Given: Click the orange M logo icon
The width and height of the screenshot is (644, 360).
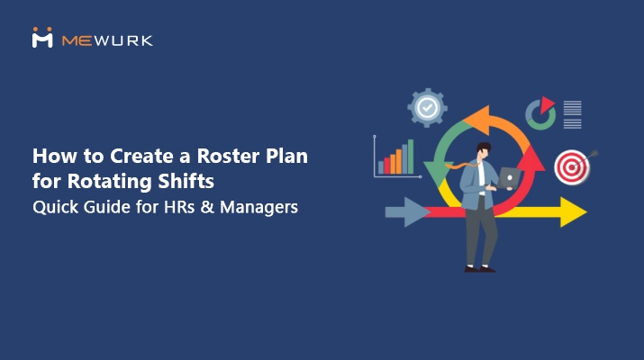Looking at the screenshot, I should pyautogui.click(x=42, y=38).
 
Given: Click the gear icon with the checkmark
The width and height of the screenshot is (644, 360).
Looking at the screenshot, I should pyautogui.click(x=427, y=107).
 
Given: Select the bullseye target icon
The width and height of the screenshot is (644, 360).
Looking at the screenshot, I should pyautogui.click(x=570, y=166).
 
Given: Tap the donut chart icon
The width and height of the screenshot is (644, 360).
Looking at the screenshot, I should pyautogui.click(x=540, y=112).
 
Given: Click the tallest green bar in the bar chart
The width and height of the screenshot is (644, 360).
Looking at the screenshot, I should pyautogui.click(x=411, y=157).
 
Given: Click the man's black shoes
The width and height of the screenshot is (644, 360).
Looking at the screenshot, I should pyautogui.click(x=477, y=266).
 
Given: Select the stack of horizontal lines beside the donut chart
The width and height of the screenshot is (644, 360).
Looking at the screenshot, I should pyautogui.click(x=572, y=113).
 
